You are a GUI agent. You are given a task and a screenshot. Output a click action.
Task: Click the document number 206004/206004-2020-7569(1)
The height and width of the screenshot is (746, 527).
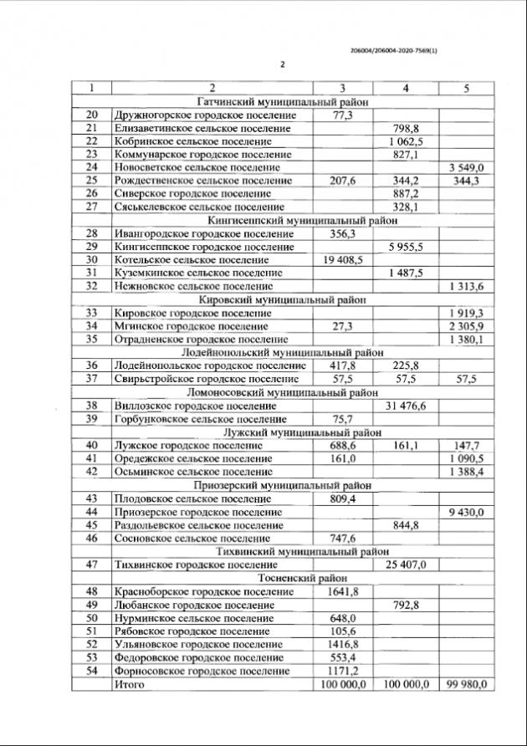click(x=393, y=50)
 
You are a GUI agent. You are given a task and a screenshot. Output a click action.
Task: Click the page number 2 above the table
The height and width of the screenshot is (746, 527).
click(x=282, y=64)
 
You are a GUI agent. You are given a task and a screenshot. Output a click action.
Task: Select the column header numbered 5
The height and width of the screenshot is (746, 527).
click(x=467, y=88)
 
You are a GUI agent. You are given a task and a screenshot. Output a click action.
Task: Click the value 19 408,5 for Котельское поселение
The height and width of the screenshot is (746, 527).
click(x=342, y=259)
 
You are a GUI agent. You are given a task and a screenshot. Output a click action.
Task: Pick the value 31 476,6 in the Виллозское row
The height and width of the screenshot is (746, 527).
click(x=405, y=405)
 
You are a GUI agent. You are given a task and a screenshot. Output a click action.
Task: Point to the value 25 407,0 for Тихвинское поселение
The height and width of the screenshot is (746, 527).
click(x=405, y=565)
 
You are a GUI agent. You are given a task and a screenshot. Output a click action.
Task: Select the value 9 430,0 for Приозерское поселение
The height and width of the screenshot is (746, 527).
click(x=467, y=511)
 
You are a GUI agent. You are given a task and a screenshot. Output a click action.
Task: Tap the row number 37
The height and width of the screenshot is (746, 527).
click(x=93, y=379)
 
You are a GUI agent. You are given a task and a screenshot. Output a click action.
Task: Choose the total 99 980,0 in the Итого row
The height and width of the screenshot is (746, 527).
click(x=467, y=684)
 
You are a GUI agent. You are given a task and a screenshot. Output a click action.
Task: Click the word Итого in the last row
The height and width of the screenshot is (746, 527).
click(x=129, y=684)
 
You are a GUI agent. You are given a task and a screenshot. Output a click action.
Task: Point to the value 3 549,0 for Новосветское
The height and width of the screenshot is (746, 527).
click(x=467, y=167)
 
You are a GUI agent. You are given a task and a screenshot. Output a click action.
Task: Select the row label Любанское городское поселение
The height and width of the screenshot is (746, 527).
click(x=193, y=604)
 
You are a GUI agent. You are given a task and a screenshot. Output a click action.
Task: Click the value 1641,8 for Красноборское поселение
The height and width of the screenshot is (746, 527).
click(x=342, y=590)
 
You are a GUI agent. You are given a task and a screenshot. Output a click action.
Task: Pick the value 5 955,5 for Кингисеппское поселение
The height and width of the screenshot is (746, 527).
click(x=405, y=247)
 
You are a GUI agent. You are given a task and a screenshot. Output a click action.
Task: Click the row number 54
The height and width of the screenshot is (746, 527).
click(x=93, y=671)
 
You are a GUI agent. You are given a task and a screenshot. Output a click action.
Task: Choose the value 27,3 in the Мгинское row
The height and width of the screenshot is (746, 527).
click(x=342, y=325)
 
